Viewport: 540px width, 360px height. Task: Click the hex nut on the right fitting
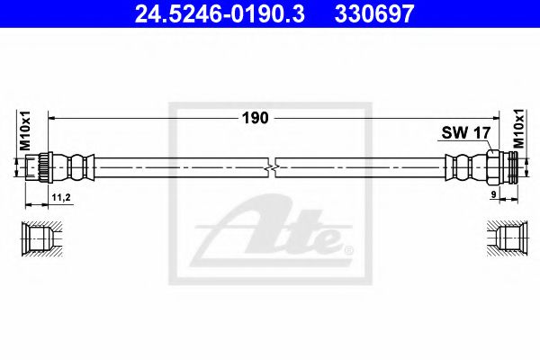click(x=496, y=167)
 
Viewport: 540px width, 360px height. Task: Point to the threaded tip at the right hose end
click(x=514, y=167)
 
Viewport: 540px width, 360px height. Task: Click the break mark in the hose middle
click(x=273, y=167)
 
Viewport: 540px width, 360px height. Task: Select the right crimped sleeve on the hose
click(x=462, y=167)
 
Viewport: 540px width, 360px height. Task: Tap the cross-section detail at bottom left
click(x=40, y=237)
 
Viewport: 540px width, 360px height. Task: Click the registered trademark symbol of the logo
click(x=349, y=249)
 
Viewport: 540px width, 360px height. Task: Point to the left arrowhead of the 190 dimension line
click(x=52, y=117)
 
